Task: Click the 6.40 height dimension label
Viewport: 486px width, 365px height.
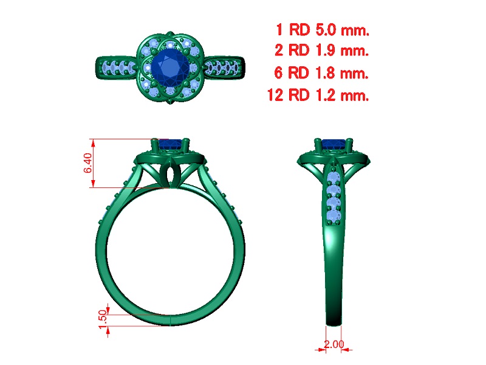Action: [x=88, y=163]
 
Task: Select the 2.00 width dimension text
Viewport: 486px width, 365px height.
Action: [x=334, y=344]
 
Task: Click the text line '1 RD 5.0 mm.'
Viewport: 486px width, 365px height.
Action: [x=323, y=30]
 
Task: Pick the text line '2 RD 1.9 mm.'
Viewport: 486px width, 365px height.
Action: [x=322, y=50]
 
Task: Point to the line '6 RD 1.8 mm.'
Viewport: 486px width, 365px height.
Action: [x=321, y=72]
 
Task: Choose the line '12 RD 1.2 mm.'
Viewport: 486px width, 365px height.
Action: [x=318, y=95]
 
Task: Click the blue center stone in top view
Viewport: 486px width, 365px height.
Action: [x=169, y=67]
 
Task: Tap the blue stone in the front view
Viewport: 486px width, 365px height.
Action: [x=170, y=144]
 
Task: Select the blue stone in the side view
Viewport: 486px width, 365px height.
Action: [x=334, y=144]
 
